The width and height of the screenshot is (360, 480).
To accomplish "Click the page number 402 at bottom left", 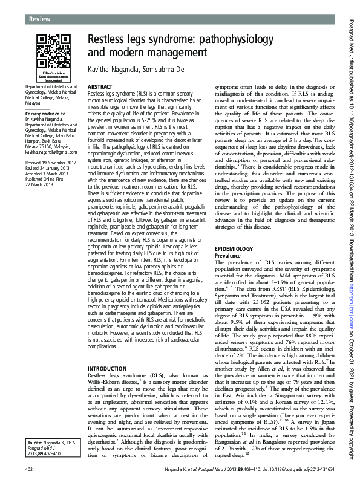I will [28, 469].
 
